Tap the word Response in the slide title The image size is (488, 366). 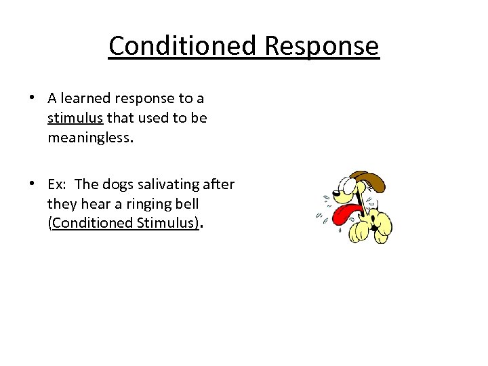322,46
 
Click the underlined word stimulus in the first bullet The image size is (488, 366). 75,118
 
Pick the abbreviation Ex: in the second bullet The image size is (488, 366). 58,184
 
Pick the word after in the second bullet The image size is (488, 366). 220,184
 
